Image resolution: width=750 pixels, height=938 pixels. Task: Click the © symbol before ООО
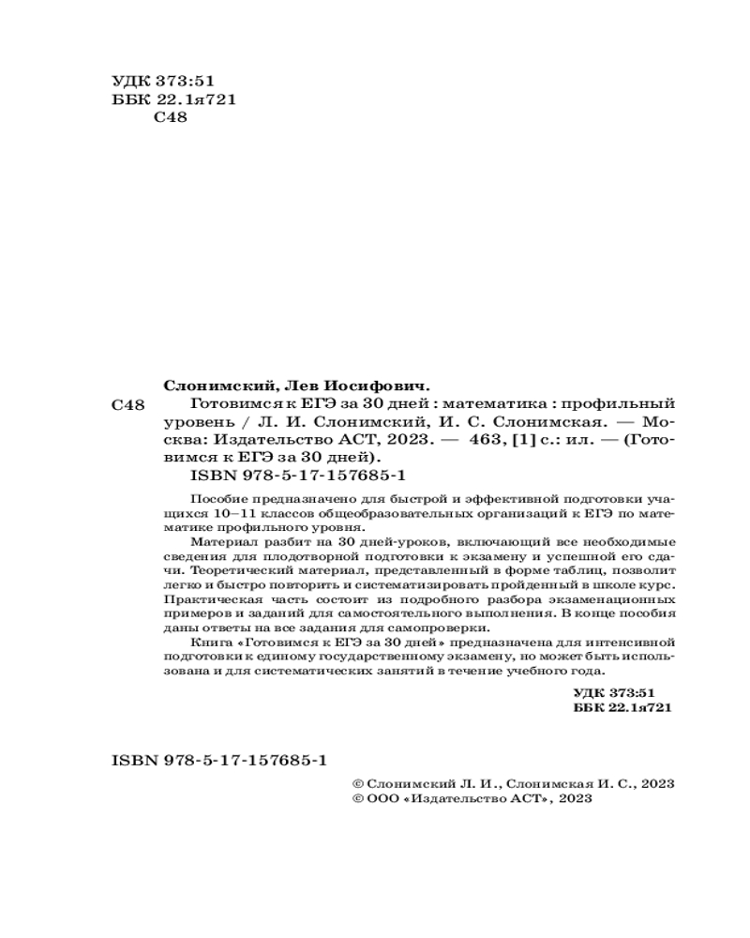coord(355,799)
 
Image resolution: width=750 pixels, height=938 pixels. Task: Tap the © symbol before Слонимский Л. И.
coord(355,782)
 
